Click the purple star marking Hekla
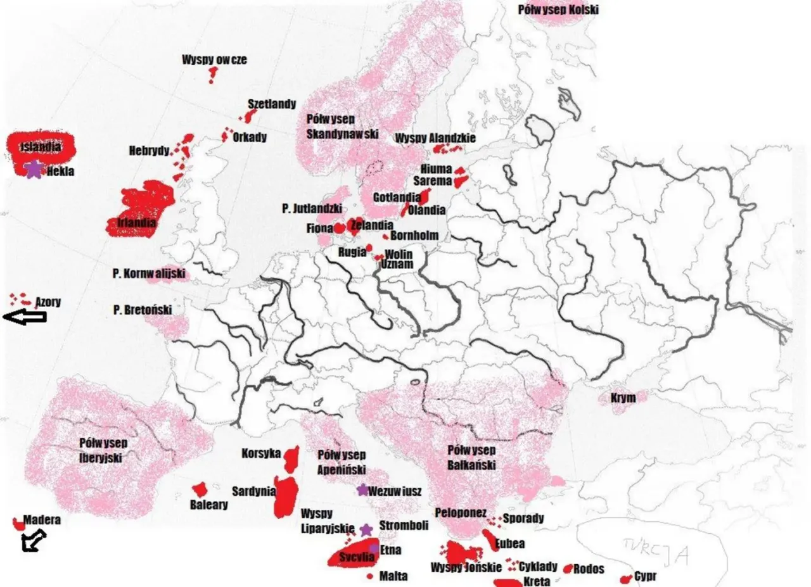34,170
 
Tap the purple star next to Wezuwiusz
362,489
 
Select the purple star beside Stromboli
366,529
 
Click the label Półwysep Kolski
558,10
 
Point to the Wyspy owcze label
214,60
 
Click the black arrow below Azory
25,318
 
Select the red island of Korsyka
292,457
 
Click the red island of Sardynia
286,496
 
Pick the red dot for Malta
369,576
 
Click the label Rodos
589,569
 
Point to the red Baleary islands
200,489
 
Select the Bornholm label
414,236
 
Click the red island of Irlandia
141,212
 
